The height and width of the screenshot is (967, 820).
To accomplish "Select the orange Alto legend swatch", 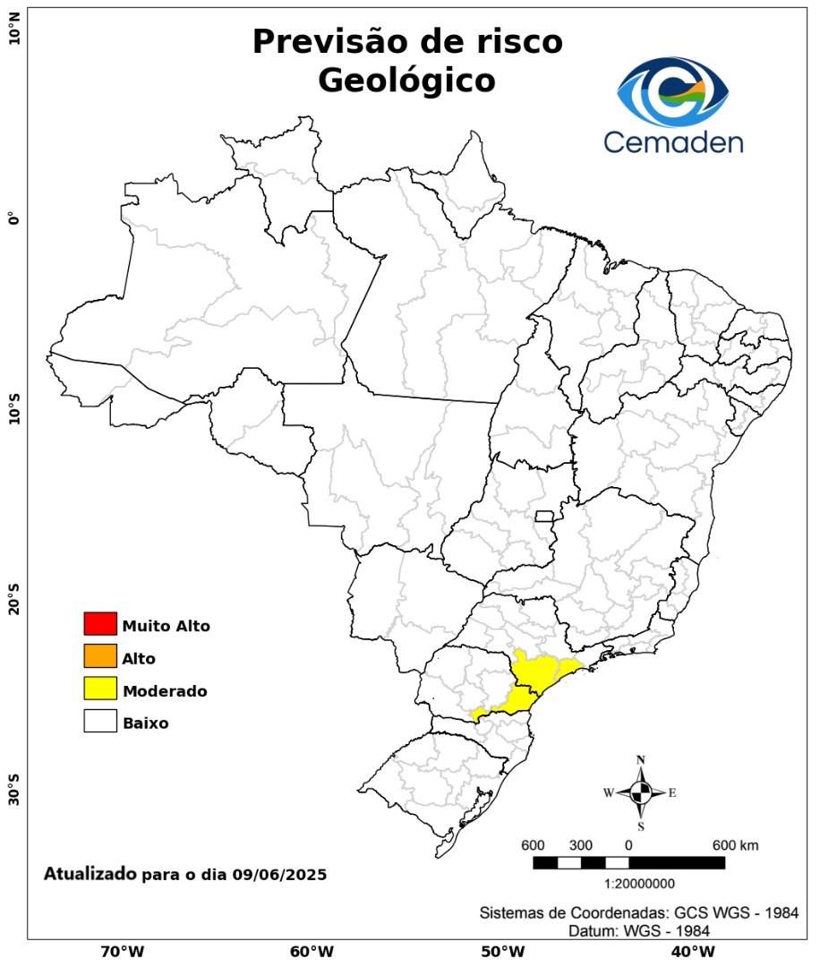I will [x=100, y=656].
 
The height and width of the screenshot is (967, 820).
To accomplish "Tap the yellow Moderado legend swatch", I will [x=100, y=689].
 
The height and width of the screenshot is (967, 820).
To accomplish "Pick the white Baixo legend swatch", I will [x=100, y=721].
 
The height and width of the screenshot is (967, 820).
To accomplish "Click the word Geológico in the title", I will [x=406, y=81].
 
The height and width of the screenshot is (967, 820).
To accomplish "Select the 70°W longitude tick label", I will [x=123, y=951].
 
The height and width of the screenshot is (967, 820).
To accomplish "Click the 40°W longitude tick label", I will [x=691, y=951].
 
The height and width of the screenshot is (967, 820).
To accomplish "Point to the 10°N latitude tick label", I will [x=13, y=34].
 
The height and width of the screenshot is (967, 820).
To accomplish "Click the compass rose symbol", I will [x=641, y=792].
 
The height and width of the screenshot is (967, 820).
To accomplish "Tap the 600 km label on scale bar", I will [x=736, y=845].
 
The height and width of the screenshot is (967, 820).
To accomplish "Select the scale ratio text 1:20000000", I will [x=640, y=884].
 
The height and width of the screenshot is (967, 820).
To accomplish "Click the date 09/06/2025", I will [x=278, y=874].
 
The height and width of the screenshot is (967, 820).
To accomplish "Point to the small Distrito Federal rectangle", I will [x=544, y=516].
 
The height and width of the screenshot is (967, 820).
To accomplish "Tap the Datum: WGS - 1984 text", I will [x=639, y=931].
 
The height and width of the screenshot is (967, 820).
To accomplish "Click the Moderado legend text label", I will [x=165, y=691].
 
